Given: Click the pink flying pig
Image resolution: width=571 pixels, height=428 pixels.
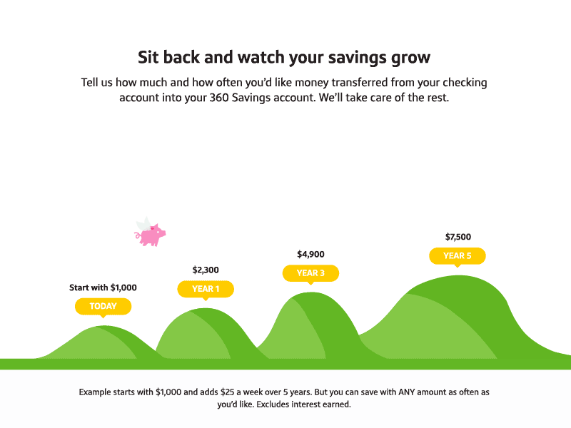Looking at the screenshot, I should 152,235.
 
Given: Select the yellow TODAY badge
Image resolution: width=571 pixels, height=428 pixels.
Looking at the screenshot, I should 103,306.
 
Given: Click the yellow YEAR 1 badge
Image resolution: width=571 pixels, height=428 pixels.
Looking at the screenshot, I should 206,289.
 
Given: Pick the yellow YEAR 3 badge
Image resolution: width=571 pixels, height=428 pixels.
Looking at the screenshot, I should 310,272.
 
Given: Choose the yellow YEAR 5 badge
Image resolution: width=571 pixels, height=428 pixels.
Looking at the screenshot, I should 457,255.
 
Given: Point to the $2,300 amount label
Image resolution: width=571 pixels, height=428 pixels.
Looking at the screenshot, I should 206,270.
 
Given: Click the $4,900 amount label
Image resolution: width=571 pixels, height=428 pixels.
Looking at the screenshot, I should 310,254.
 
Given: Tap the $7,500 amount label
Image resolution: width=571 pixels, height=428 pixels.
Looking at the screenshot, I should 458,237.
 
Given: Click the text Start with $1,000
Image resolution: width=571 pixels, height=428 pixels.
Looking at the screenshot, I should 103,287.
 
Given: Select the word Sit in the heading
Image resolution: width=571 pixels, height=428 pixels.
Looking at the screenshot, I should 149,56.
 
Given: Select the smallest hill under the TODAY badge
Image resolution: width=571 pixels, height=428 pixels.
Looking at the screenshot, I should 100,341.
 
